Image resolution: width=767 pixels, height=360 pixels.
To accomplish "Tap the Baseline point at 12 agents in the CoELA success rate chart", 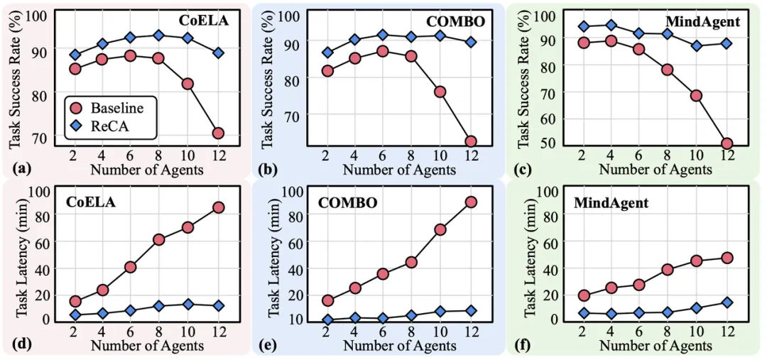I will coord(218,133).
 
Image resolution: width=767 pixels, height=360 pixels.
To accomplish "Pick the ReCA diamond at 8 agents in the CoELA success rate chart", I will coord(158,35).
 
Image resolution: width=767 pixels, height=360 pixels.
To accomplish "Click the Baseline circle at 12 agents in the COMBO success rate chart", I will coord(470,141).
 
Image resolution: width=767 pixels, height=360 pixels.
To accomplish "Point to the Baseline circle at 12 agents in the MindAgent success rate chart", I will coord(727,143).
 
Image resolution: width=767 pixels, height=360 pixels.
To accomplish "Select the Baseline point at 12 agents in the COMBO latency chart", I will coord(470,202).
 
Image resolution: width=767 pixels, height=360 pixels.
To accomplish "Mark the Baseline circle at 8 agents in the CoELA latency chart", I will coord(158,239).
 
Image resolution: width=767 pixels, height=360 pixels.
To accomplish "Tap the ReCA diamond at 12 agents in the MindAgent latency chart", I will coord(727,302).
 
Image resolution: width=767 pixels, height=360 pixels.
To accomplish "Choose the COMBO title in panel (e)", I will coord(347,202).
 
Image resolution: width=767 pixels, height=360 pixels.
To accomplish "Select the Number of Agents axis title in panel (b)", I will coord(399,169).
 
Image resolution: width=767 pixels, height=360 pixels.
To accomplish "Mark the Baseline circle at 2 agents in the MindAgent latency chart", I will coord(584,295).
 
